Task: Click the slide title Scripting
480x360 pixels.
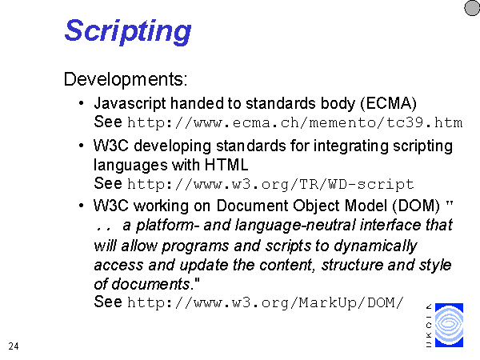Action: [x=128, y=31]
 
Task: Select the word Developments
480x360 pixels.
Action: [x=125, y=79]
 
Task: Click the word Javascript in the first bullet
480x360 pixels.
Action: [x=130, y=104]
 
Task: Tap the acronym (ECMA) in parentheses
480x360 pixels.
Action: [x=389, y=103]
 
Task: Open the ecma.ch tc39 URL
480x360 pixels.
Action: [x=294, y=122]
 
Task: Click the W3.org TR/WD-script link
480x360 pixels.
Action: [x=270, y=184]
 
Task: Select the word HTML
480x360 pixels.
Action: [x=226, y=165]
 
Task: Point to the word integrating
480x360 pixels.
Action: [x=351, y=146]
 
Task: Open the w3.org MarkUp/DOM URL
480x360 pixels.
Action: [x=266, y=302]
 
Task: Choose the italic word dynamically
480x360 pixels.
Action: [x=375, y=246]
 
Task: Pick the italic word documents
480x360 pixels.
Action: [x=150, y=284]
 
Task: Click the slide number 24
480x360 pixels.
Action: [x=14, y=346]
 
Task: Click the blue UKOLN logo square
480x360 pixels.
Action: [x=449, y=325]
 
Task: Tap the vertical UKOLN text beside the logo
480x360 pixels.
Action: [x=429, y=326]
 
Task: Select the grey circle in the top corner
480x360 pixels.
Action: [x=472, y=8]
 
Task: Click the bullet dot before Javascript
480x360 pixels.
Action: [x=81, y=103]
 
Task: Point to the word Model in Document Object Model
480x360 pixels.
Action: [x=366, y=206]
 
